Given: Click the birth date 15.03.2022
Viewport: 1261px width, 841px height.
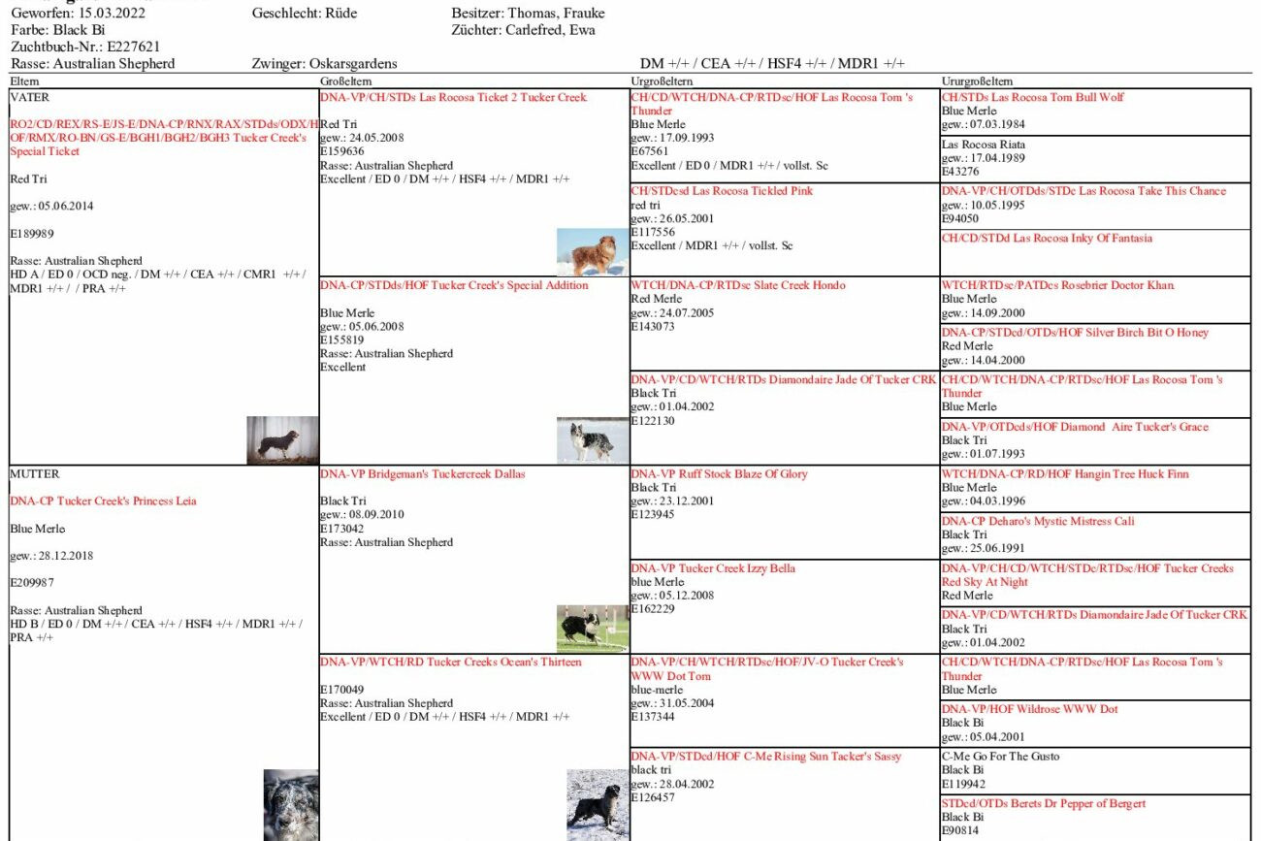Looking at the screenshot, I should (113, 14).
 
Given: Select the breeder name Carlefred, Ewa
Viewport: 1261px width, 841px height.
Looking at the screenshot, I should (550, 30).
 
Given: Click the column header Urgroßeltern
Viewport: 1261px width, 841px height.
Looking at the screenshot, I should (662, 81).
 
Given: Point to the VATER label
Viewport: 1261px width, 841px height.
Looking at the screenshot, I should (29, 98).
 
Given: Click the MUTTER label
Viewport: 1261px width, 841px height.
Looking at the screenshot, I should (35, 474).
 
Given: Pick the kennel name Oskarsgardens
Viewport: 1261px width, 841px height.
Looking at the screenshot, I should (352, 64).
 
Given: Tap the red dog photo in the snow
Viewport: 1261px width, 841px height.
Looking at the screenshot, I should (592, 252).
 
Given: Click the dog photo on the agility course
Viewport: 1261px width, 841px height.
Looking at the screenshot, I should (592, 628).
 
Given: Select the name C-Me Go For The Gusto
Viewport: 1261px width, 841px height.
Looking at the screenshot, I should (1000, 757).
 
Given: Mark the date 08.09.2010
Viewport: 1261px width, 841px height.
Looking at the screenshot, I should (375, 515).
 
